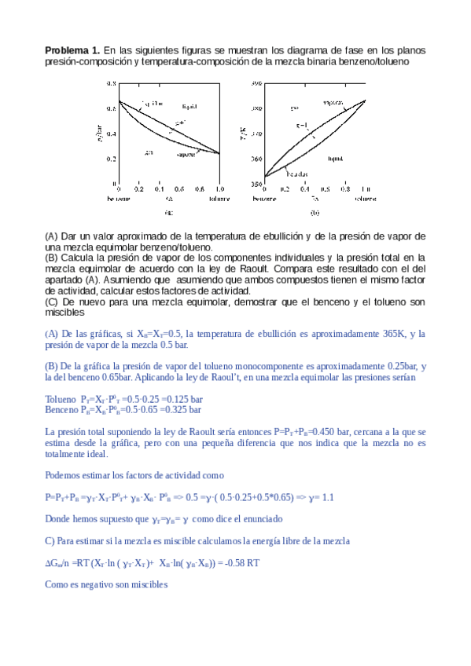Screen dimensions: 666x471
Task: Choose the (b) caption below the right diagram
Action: click(x=315, y=211)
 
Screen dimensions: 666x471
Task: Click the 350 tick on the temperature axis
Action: click(x=256, y=184)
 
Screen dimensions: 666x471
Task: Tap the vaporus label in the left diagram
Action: click(x=186, y=155)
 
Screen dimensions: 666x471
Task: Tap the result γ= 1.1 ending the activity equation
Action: click(x=319, y=497)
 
